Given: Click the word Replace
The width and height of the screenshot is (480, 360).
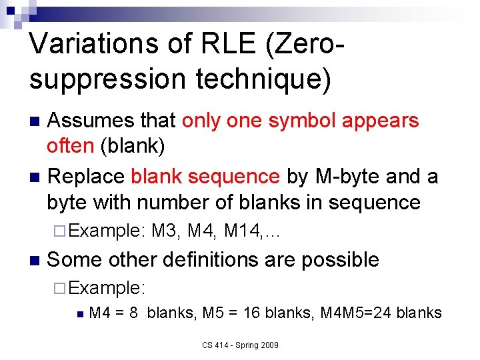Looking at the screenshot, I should [87, 177].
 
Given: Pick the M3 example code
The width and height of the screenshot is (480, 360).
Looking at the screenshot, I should [165, 231].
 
